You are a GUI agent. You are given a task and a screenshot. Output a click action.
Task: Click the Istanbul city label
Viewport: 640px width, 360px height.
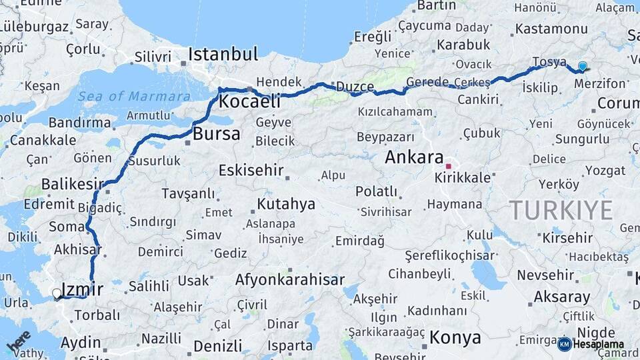click(223, 54)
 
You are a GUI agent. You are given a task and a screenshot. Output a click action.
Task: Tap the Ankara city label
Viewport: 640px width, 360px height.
click(414, 158)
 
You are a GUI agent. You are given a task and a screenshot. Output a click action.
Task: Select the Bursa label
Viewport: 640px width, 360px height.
click(216, 133)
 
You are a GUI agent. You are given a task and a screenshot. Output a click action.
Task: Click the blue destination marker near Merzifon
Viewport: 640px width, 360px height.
click(583, 66)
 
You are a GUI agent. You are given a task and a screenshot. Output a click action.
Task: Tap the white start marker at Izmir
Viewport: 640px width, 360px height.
click(57, 293)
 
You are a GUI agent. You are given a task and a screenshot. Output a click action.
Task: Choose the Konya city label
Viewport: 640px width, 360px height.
click(455, 337)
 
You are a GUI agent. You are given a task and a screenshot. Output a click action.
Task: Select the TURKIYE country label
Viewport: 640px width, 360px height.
click(561, 211)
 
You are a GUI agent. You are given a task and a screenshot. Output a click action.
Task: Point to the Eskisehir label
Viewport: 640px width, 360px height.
click(251, 170)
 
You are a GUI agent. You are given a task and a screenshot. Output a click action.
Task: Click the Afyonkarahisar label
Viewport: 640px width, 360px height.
click(290, 280)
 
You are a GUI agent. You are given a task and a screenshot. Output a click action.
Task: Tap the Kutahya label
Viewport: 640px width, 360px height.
click(286, 204)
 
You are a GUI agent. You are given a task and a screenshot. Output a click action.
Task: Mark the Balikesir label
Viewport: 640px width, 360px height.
click(73, 183)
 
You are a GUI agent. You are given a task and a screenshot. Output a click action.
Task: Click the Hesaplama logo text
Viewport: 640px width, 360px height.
click(598, 344)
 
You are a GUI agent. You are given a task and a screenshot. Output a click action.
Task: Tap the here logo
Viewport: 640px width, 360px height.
click(19, 341)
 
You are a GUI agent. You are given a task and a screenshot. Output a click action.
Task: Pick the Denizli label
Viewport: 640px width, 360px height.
click(218, 346)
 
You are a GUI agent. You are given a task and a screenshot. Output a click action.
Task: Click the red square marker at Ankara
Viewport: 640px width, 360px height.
click(449, 166)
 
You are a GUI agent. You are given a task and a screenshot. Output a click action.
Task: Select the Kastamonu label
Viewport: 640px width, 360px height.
click(551, 29)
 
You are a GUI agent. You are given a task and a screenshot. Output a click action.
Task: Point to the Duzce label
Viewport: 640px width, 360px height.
click(355, 87)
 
